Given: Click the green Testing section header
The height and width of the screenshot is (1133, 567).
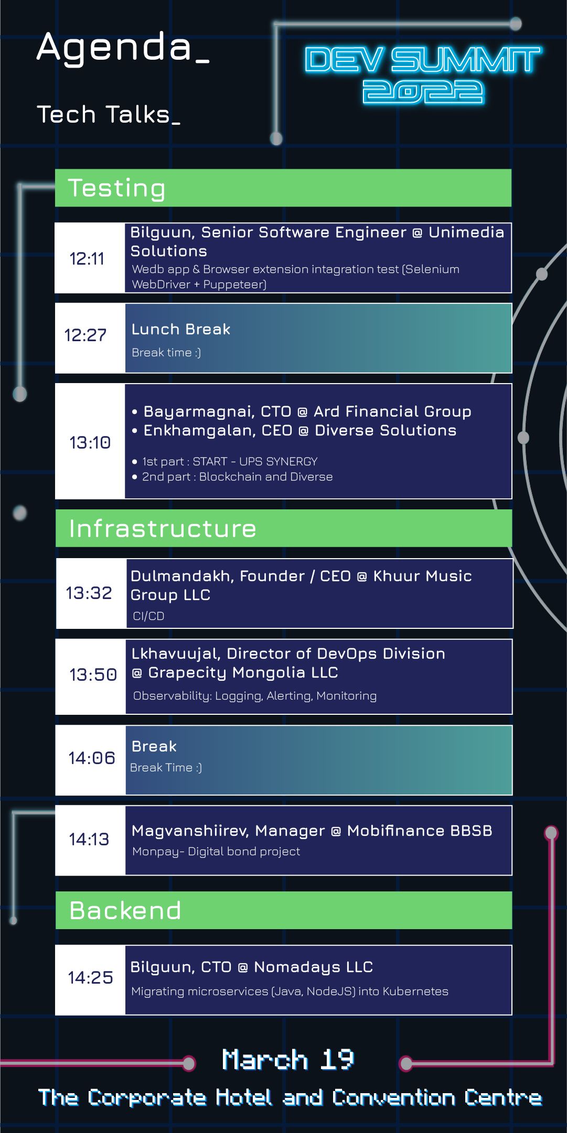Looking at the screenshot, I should click(x=283, y=188).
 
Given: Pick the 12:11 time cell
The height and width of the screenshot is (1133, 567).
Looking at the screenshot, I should click(x=88, y=258).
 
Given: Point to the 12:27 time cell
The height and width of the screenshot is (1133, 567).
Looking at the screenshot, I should click(x=85, y=335).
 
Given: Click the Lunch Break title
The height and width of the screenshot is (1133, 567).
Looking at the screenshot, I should click(x=180, y=329).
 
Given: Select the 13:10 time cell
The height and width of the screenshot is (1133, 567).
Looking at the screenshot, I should click(x=90, y=442).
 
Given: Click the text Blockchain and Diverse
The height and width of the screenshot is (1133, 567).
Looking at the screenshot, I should click(x=265, y=477).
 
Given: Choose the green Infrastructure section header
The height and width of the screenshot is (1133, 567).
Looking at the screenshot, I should click(x=283, y=528).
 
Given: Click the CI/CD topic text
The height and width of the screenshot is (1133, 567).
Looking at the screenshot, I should click(x=148, y=616).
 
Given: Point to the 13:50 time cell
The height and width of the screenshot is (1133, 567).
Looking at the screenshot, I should click(x=93, y=675).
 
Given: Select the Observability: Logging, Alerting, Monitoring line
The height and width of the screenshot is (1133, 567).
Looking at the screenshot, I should click(x=254, y=696).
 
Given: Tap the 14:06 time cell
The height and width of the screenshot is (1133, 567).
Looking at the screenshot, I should click(x=91, y=758).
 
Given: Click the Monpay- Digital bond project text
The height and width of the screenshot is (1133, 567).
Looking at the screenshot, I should click(x=216, y=852).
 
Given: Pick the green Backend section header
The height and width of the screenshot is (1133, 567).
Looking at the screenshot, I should click(x=283, y=910).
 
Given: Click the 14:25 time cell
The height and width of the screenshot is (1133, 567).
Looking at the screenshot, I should click(x=90, y=977).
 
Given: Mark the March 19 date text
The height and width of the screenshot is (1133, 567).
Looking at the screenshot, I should click(x=288, y=1060).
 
